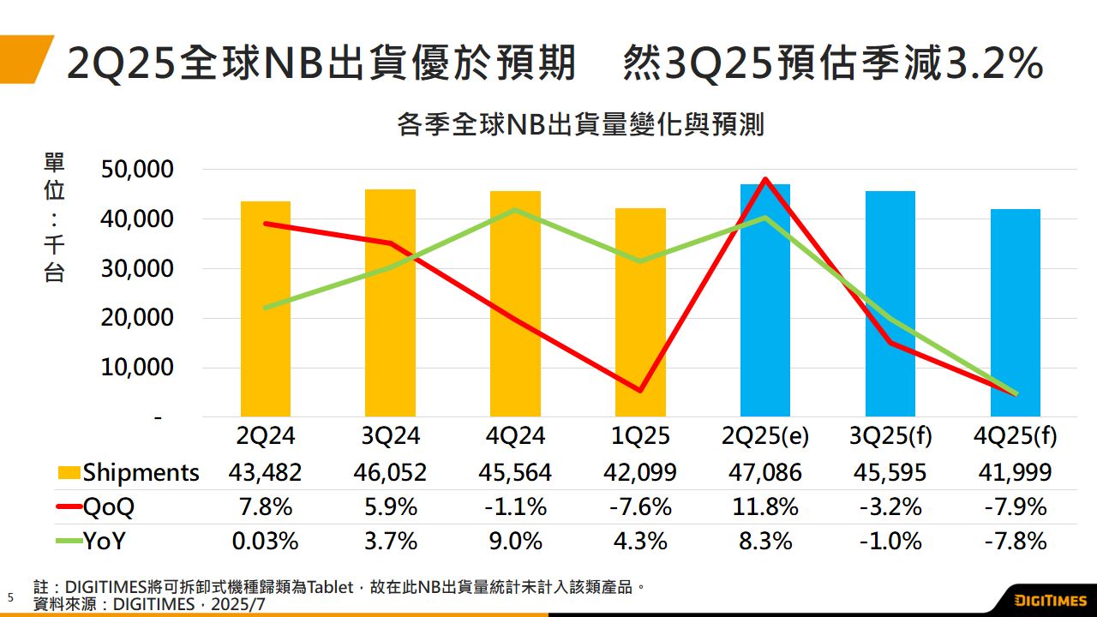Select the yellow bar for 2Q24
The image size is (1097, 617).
tap(266, 308)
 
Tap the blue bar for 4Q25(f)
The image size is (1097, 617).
tap(1015, 313)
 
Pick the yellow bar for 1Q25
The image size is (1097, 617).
tap(640, 313)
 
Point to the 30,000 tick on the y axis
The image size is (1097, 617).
tap(138, 268)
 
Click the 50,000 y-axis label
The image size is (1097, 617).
tap(138, 170)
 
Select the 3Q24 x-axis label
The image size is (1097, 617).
tap(390, 436)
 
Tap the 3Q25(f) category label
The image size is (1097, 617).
tap(890, 436)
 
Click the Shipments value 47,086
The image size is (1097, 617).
tap(765, 472)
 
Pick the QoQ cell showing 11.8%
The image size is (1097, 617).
tap(765, 506)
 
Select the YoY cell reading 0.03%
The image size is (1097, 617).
tap(266, 542)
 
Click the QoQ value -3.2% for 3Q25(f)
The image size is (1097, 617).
tap(890, 506)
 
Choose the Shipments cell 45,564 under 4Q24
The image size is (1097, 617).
tap(515, 472)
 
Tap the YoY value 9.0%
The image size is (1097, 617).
tap(515, 542)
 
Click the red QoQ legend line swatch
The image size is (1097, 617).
tap(69, 507)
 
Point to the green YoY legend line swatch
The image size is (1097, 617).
tap(69, 542)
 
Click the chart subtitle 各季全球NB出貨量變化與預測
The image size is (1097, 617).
tap(580, 125)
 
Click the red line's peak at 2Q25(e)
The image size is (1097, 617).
tap(765, 179)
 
